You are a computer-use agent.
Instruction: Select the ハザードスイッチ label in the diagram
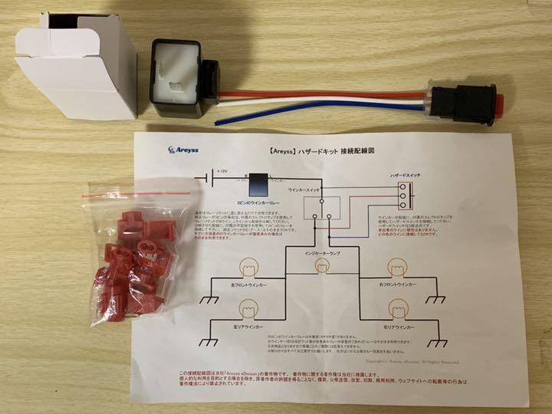tap(406, 176)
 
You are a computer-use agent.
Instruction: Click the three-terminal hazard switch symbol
tap(401, 198)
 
